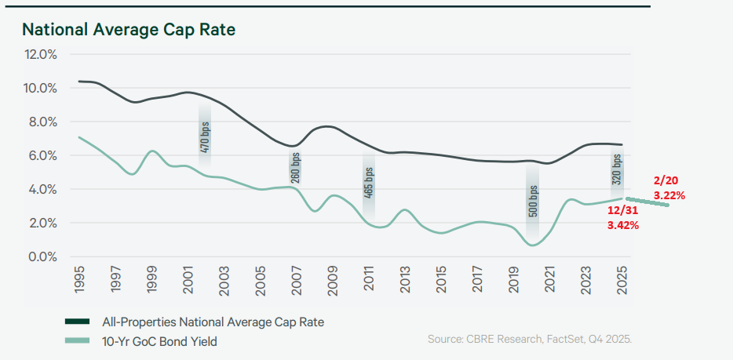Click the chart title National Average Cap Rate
pos(129,30)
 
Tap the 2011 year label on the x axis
pos(369,279)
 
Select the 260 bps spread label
pos(295,167)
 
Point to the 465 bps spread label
pos(368,181)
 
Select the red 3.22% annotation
pos(669,195)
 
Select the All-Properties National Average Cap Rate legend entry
pos(213,322)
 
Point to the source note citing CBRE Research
pos(529,339)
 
